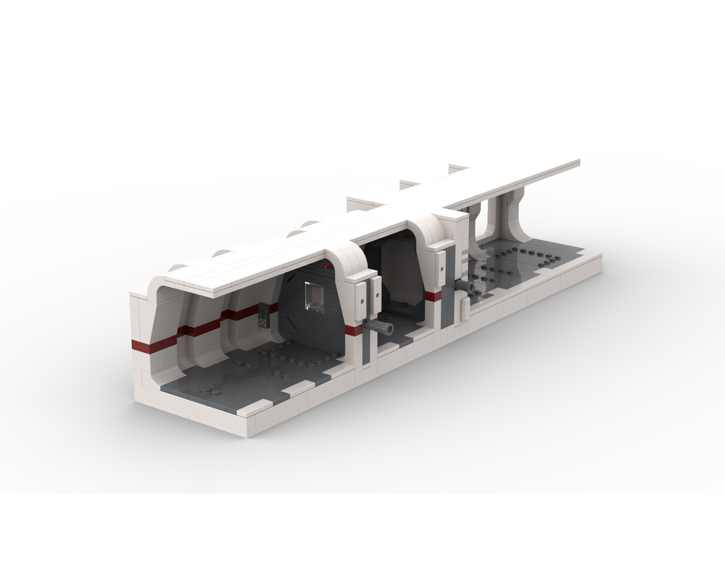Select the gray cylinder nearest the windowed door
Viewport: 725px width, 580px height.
coord(381,329)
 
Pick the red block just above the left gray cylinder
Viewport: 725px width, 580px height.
coord(354,331)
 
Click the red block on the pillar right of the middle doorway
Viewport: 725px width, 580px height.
coord(434,296)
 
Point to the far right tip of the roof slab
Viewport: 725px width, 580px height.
coord(578,162)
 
